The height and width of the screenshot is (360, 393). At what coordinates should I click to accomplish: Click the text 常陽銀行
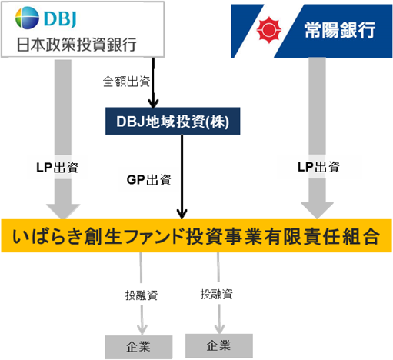tap(338, 31)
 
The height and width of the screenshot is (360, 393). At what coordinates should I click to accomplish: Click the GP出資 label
tap(148, 180)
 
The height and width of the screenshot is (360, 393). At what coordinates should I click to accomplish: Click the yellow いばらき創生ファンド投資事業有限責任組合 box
tap(197, 236)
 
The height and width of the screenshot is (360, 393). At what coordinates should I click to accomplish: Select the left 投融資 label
tap(142, 294)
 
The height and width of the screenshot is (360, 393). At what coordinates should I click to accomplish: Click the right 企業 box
tap(219, 345)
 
